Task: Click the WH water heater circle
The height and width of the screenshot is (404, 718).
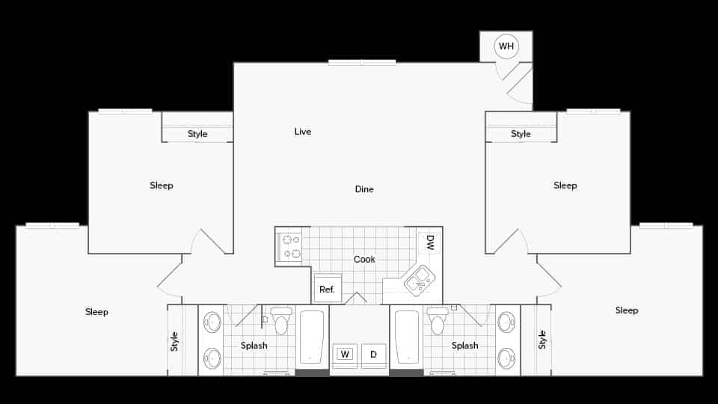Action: coord(506,46)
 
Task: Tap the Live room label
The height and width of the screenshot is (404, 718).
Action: coord(302,132)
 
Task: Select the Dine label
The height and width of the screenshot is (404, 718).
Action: coord(364,189)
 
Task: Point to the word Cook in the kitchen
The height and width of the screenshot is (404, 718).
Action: coord(364,260)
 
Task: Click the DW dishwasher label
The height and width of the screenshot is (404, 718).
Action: coord(430,242)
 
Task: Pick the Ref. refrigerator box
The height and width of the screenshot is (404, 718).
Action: coord(327,288)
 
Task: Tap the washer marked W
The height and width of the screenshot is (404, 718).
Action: coord(345,354)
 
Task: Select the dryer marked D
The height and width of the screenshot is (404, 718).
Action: coord(373,354)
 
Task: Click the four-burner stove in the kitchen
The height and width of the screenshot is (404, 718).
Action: coord(289,247)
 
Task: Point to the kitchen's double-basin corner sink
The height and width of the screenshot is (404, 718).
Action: coord(420,281)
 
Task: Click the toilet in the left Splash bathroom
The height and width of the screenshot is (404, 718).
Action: coord(281,321)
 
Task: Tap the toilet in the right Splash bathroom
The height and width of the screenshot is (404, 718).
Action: coord(438,321)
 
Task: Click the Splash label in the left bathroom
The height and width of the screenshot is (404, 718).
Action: coord(254,346)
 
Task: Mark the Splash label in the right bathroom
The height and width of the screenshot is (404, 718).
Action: coord(464,346)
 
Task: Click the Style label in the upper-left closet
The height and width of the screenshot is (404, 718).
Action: coord(197,135)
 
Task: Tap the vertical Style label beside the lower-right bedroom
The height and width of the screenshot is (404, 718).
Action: coord(542,340)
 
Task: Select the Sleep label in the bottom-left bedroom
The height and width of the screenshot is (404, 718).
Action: coord(96,312)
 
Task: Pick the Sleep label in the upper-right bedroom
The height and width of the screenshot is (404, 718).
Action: coord(565,186)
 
